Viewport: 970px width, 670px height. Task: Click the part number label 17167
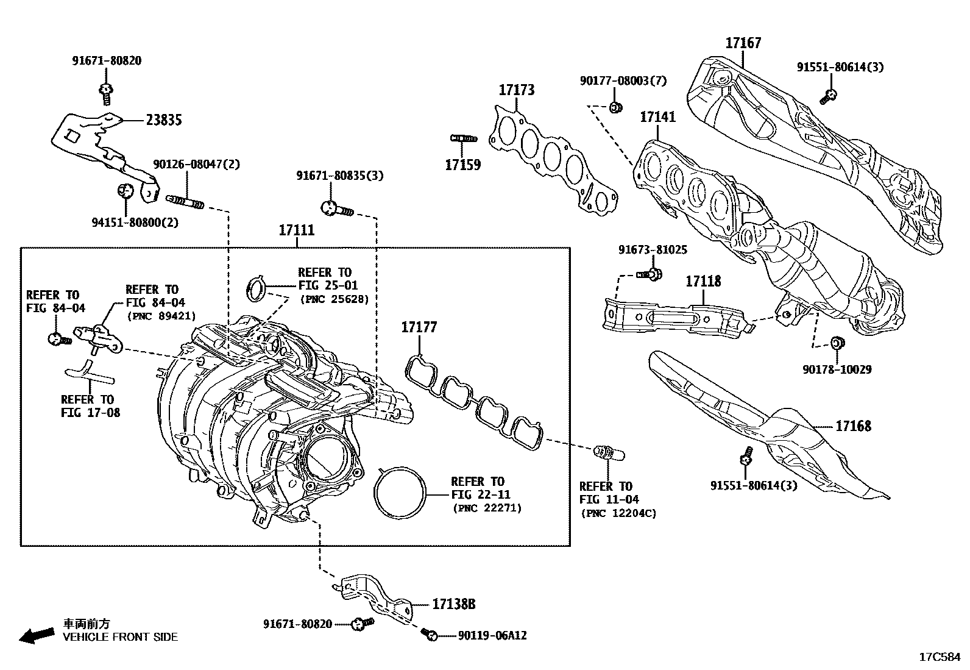click(x=743, y=43)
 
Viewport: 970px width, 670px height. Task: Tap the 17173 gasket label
click(x=517, y=90)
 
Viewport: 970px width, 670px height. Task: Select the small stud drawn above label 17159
click(x=463, y=138)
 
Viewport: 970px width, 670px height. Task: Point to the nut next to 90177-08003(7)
click(x=615, y=108)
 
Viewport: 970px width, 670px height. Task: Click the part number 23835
click(x=163, y=120)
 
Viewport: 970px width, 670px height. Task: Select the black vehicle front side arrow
click(x=36, y=635)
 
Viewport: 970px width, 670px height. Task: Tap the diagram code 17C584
click(x=939, y=657)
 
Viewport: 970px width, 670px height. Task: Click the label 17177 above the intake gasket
click(x=419, y=327)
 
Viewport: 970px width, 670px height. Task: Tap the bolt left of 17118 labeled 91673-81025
click(x=651, y=274)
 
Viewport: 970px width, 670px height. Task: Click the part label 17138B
click(x=453, y=604)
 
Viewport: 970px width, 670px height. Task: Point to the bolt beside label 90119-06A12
click(x=429, y=635)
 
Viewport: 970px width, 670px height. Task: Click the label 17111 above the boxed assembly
click(x=297, y=230)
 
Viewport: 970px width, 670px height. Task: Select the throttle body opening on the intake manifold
click(x=329, y=457)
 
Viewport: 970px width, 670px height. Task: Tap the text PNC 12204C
click(x=618, y=513)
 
